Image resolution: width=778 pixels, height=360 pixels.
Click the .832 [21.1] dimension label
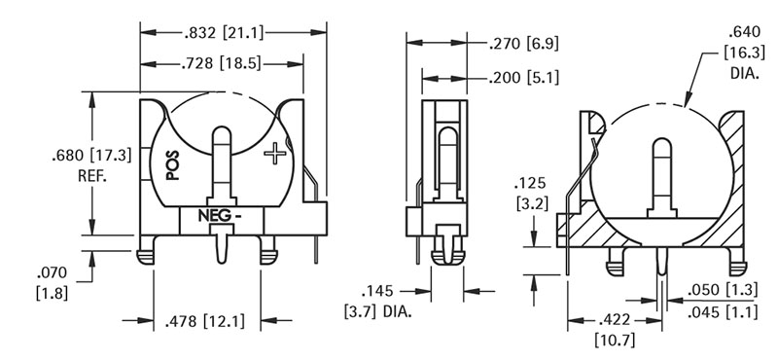pos(224,33)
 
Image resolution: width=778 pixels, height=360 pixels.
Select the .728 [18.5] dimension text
pos(221,64)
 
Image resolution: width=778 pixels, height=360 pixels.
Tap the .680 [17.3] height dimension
pos(91,156)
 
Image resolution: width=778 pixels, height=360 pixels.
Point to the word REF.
pos(92,176)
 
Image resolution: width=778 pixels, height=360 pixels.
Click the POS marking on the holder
pos(172,165)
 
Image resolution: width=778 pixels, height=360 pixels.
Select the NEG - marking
pos(221,216)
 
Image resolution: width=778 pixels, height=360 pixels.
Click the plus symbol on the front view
pos(275,154)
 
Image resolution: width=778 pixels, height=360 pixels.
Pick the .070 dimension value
pos(53,273)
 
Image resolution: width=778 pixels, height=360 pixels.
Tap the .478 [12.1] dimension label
pos(205,321)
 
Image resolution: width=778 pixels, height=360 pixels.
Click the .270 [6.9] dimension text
pos(524,44)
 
